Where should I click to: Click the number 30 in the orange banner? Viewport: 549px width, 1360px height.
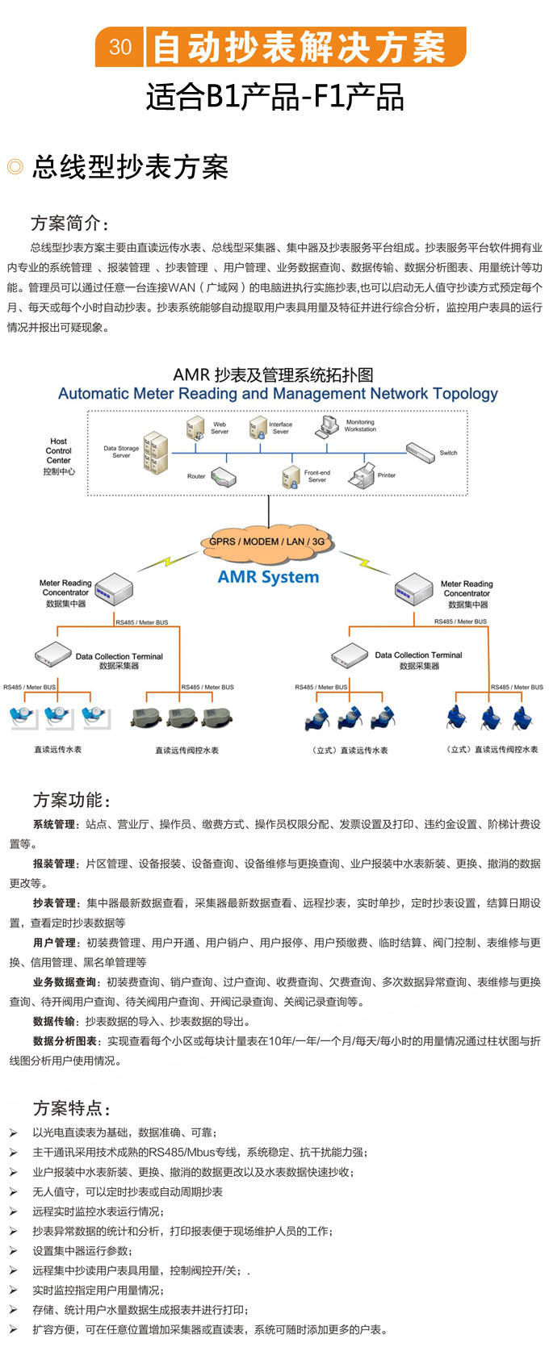pos(120,47)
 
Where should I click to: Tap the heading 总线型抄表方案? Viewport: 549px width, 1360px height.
pos(130,167)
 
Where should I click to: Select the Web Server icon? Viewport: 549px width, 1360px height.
pos(195,428)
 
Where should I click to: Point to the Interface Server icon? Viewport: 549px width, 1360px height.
pos(258,427)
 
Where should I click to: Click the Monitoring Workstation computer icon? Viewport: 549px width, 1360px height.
pos(329,425)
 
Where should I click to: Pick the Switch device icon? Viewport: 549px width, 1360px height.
pos(420,453)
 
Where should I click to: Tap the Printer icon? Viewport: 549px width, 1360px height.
pos(363,475)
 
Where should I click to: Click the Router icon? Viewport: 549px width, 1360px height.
pos(224,477)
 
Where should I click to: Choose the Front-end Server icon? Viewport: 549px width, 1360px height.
pos(291,476)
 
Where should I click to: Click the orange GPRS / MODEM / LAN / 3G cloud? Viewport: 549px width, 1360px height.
pos(267,542)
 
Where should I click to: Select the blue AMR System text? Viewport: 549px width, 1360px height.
pos(268,577)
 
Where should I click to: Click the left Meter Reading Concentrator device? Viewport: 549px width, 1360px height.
pos(114,590)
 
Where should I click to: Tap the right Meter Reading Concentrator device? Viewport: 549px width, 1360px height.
pos(414,589)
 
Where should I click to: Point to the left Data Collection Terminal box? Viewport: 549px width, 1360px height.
pos(53,654)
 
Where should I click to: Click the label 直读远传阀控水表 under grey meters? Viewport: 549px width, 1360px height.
pos(186,751)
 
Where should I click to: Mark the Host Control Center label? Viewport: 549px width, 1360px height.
pos(59,456)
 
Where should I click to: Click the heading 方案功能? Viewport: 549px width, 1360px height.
pos(72,800)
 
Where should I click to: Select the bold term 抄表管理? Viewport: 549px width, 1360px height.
pos(55,903)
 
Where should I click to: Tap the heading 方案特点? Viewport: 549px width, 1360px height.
pos(72,1108)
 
